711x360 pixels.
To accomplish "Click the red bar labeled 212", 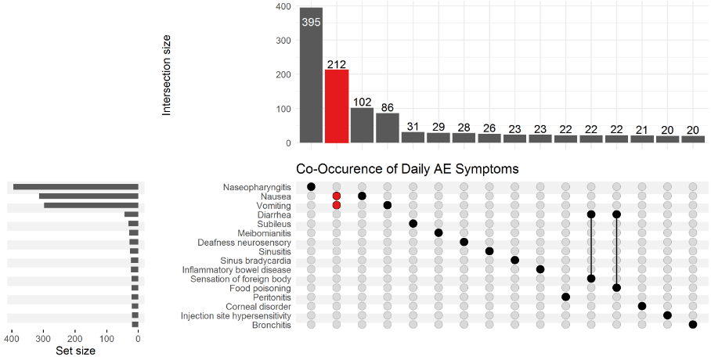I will [337, 106].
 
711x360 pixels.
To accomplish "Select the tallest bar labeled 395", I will [311, 75].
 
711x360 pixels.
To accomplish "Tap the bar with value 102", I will [362, 125].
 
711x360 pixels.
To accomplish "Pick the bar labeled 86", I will [388, 128].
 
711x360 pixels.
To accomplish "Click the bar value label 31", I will [413, 127].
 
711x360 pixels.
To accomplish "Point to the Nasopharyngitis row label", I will [257, 187].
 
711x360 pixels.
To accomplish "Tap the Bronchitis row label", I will [270, 325].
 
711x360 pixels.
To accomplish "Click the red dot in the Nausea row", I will [337, 196].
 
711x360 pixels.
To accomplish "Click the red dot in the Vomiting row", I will [337, 205].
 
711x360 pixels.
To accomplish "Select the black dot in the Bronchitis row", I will [693, 325].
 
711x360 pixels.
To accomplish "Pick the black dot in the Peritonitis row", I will [565, 297].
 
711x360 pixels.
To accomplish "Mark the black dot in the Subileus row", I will [413, 223].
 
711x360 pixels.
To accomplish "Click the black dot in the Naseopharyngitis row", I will [311, 186].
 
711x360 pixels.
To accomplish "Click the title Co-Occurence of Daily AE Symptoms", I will [407, 169].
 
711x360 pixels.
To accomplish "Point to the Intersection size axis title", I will [167, 76].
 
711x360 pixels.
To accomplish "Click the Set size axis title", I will [76, 351].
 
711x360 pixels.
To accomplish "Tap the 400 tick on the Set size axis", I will [12, 339].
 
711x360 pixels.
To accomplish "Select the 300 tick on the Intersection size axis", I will [283, 41].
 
